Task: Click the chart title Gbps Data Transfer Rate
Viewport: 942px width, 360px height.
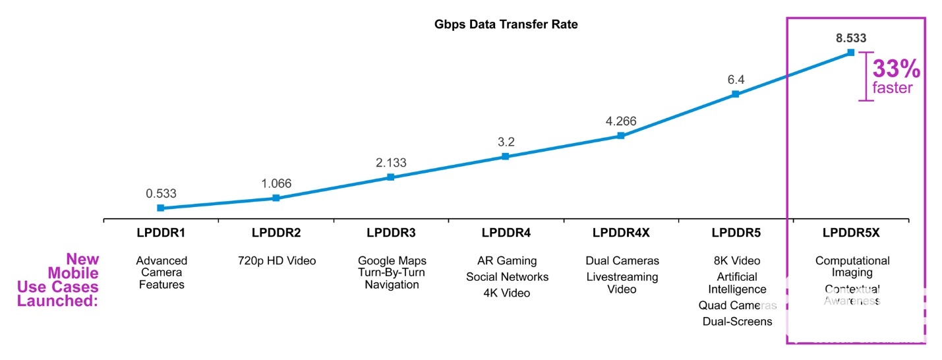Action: pyautogui.click(x=506, y=25)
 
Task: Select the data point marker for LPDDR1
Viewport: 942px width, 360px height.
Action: pyautogui.click(x=160, y=208)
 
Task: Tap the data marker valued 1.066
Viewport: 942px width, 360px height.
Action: pyautogui.click(x=276, y=198)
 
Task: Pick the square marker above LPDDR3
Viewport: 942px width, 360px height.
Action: pyautogui.click(x=390, y=177)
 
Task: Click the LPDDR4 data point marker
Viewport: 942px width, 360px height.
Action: pyautogui.click(x=505, y=156)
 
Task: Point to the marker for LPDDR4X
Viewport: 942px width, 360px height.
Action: pyautogui.click(x=620, y=136)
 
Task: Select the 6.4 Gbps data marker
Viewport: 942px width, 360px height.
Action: pyautogui.click(x=736, y=94)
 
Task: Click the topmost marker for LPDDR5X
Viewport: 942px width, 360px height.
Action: pyautogui.click(x=850, y=52)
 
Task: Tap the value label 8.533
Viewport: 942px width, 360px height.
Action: pyautogui.click(x=851, y=38)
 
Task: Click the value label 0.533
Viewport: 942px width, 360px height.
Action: pyautogui.click(x=162, y=193)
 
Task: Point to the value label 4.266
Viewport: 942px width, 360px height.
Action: pyautogui.click(x=621, y=121)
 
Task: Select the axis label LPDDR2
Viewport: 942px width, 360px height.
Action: pyautogui.click(x=276, y=233)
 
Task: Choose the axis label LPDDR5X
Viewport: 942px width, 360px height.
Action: pyautogui.click(x=852, y=233)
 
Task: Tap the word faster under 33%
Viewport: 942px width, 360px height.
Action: pyautogui.click(x=893, y=88)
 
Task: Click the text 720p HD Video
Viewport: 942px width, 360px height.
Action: pyautogui.click(x=276, y=261)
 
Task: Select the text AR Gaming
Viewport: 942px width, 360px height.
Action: pyautogui.click(x=506, y=261)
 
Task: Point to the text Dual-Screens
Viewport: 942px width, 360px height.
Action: pyautogui.click(x=737, y=322)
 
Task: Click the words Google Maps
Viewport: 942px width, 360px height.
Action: pyautogui.click(x=392, y=261)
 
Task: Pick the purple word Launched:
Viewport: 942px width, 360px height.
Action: pyautogui.click(x=58, y=301)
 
